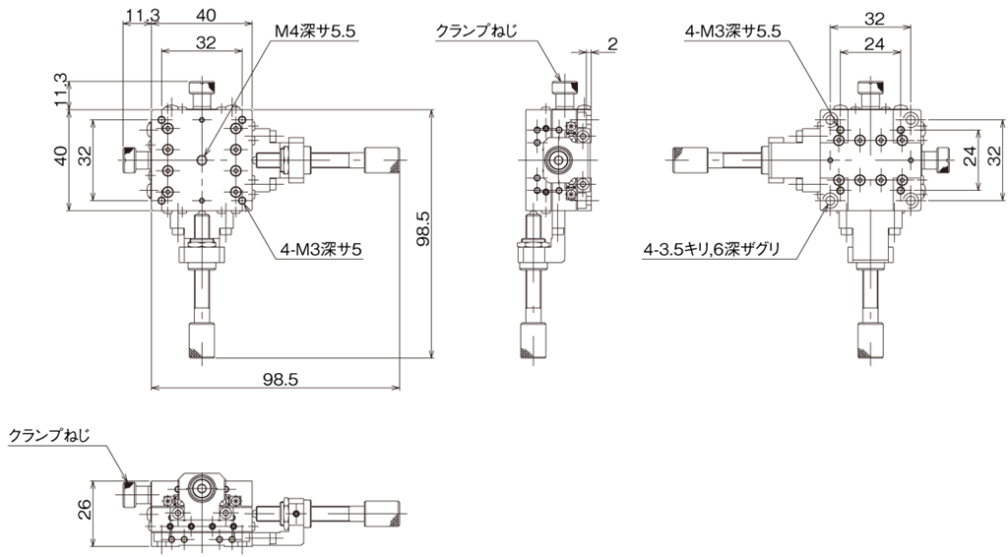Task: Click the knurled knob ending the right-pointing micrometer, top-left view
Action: point(381,159)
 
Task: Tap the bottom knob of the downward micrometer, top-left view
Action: point(202,340)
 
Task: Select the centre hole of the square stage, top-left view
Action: point(202,159)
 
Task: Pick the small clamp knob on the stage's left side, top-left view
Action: point(131,159)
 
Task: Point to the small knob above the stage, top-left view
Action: point(202,95)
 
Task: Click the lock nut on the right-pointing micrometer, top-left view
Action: point(292,159)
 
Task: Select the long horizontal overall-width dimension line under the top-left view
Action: point(275,389)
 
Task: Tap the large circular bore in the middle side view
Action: point(560,159)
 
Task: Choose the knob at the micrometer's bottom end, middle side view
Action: point(536,340)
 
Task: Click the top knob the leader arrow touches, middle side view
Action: point(564,94)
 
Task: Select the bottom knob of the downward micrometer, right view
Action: point(871,340)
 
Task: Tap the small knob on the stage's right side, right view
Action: point(940,158)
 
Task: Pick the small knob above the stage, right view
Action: point(871,94)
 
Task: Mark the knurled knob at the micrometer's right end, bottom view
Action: point(381,514)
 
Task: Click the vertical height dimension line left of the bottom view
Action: point(92,512)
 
